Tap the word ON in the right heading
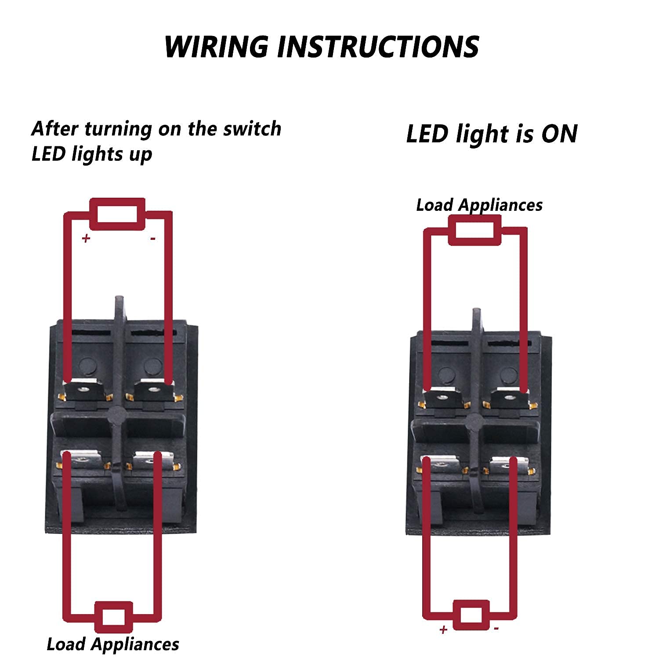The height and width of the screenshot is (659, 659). tap(559, 134)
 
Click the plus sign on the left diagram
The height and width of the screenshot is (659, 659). tap(86, 238)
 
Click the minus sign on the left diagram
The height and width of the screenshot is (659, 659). tap(152, 239)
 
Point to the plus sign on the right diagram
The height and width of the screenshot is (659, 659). tap(443, 630)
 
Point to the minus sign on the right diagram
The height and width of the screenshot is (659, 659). tap(496, 629)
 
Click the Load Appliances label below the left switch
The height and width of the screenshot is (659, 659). tap(113, 644)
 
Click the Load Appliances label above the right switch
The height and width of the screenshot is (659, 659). tap(479, 205)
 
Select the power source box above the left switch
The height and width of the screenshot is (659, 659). tap(117, 214)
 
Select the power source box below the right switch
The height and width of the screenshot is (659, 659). tap(471, 615)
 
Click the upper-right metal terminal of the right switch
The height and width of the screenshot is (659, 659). tap(510, 398)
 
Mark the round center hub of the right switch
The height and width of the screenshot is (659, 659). tap(474, 421)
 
